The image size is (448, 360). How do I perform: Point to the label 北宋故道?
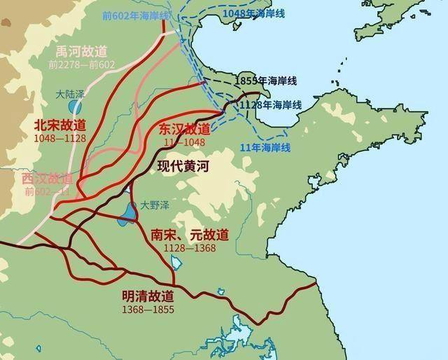tap(59, 125)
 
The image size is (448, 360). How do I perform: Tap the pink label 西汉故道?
tap(47, 179)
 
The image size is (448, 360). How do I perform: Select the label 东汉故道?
tap(184, 129)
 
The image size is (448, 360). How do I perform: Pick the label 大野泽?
tap(153, 205)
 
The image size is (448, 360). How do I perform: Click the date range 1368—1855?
tap(148, 309)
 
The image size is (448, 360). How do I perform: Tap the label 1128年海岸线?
tap(270, 104)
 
